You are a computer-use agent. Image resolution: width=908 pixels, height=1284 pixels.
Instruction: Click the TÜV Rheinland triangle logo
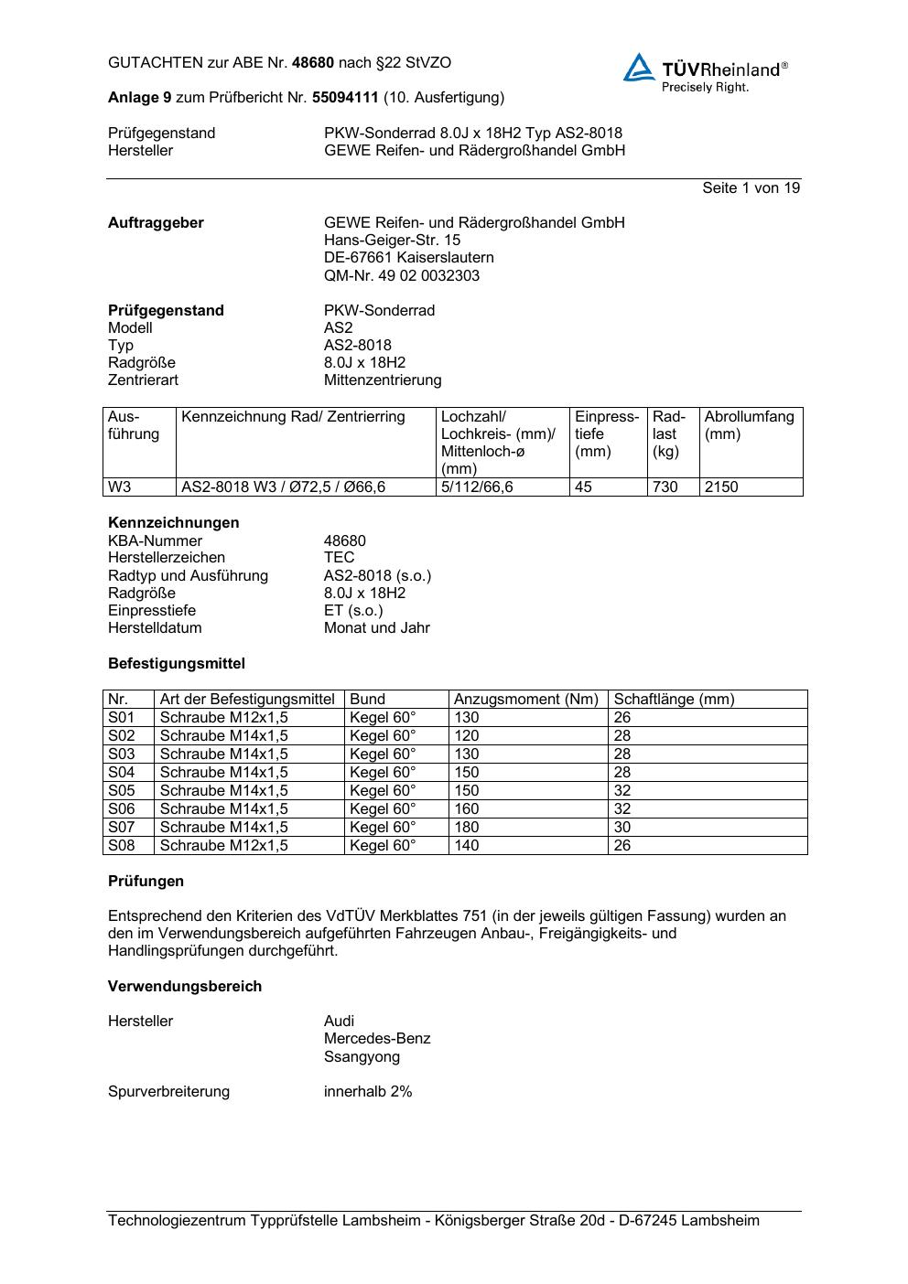[x=639, y=69]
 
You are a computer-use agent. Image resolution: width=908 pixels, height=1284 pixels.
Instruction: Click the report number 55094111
[x=345, y=97]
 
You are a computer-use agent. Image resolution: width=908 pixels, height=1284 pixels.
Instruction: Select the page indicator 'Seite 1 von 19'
[x=751, y=187]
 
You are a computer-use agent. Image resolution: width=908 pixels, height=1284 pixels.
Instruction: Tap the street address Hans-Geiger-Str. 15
[x=392, y=240]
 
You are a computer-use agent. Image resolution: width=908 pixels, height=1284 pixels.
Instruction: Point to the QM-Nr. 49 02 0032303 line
[x=401, y=275]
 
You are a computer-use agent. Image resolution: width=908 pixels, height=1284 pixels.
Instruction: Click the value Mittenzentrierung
[x=382, y=380]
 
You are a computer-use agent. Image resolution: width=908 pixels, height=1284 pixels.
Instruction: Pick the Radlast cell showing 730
[x=665, y=487]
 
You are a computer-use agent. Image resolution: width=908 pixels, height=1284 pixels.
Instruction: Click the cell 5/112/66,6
[x=477, y=487]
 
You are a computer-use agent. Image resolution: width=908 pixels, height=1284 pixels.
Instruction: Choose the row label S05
[x=122, y=790]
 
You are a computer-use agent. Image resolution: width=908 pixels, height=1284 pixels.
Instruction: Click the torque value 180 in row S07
[x=466, y=827]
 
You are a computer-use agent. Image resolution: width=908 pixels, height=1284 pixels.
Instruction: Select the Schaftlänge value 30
[x=622, y=827]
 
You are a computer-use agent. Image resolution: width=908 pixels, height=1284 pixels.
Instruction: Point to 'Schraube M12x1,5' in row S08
[x=223, y=845]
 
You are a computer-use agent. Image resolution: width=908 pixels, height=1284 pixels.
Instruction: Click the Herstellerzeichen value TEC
[x=339, y=557]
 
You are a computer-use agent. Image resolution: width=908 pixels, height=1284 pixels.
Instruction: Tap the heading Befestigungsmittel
[x=176, y=663]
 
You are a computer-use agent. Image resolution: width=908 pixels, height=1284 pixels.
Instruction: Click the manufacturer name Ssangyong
[x=362, y=1056]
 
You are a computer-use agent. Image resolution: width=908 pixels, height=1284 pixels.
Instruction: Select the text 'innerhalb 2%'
[x=367, y=1091]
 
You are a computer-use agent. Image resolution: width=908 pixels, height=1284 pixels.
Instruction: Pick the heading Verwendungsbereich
[x=184, y=986]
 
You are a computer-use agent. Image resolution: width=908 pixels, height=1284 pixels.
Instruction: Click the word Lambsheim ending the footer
[x=719, y=1220]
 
